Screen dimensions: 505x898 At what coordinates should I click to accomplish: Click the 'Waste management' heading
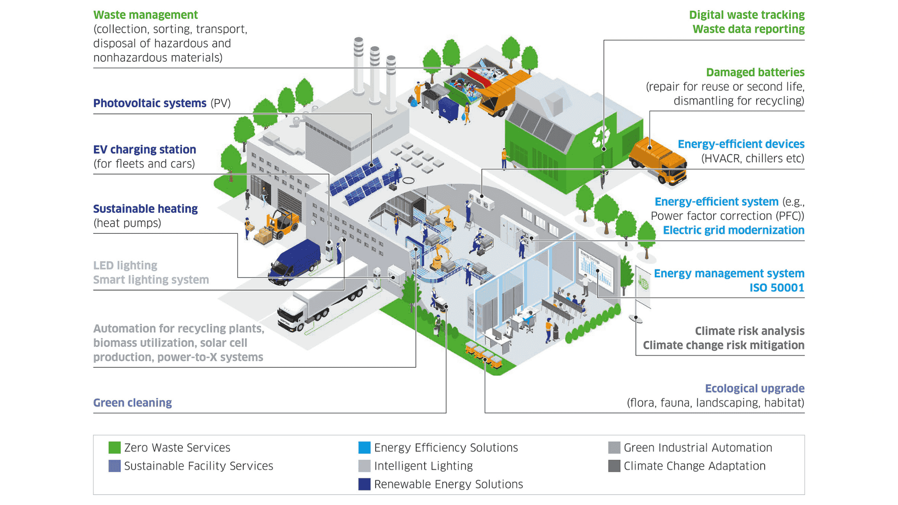[145, 15]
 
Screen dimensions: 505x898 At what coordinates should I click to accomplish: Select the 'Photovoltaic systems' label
[150, 103]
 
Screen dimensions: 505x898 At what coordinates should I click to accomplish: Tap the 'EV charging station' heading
[145, 150]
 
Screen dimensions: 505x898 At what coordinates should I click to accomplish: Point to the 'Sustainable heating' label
[145, 209]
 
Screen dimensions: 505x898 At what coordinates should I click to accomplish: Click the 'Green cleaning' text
[132, 403]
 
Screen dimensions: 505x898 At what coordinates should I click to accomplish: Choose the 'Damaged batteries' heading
[755, 72]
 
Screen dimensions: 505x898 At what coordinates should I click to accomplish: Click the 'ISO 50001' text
[776, 288]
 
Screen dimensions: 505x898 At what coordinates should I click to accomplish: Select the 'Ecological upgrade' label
[754, 389]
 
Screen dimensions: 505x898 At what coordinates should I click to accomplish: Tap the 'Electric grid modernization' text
[733, 230]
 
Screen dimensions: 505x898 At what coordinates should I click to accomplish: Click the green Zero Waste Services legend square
[115, 447]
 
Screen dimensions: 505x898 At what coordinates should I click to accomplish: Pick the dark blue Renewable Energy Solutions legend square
[364, 484]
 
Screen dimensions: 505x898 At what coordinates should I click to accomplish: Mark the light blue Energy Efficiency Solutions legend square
[364, 447]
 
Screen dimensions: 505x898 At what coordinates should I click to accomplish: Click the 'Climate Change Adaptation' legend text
[695, 466]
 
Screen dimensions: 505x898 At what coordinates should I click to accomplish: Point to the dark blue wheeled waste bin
[449, 109]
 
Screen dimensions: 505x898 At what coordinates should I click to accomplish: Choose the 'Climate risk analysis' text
[749, 331]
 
